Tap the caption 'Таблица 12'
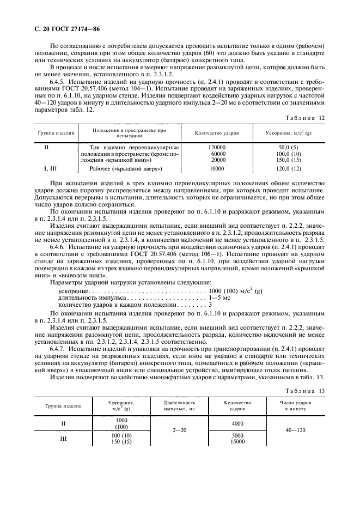coord(312,117)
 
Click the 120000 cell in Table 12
coord(217,148)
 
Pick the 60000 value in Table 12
coord(217,154)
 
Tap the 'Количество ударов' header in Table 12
coord(217,133)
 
